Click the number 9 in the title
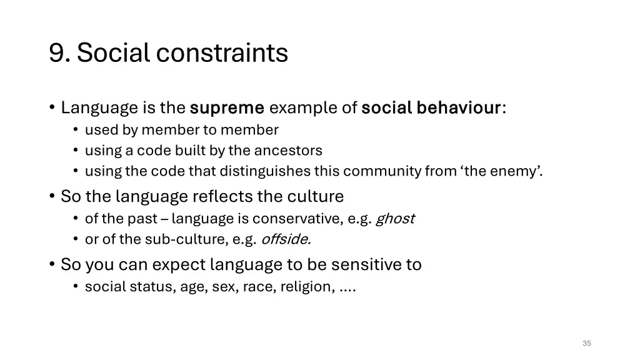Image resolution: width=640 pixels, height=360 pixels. click(59, 53)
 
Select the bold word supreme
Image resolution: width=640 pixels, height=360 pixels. click(227, 108)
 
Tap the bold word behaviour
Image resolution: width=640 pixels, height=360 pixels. click(459, 108)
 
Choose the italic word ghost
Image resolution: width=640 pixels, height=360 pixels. click(394, 219)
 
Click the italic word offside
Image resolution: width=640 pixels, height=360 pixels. click(286, 239)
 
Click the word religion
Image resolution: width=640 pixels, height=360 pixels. click(307, 287)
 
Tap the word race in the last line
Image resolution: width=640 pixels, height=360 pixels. click(257, 287)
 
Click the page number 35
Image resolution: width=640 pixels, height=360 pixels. click(586, 343)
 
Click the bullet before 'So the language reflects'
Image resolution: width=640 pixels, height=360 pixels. click(52, 196)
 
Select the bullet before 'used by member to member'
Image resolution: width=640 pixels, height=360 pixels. click(76, 130)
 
